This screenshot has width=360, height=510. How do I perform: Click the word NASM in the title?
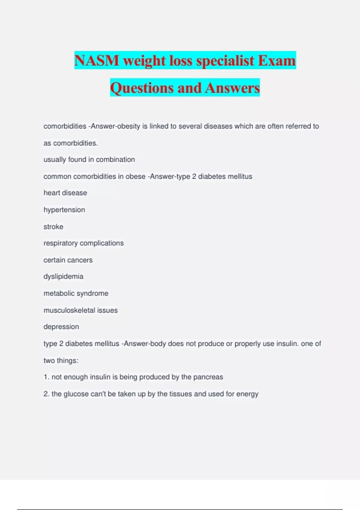coord(97,61)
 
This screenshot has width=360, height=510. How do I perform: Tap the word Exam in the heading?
coord(277,61)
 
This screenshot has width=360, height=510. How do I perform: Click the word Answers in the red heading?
coord(232,88)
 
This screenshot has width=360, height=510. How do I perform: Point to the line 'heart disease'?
coord(65,193)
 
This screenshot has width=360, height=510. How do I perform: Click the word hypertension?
coord(64,210)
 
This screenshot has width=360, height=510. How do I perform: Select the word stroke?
coord(53,226)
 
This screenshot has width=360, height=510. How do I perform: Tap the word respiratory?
coord(60,243)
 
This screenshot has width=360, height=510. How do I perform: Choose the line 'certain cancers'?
coord(68,260)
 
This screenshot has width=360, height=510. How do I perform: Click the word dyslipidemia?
coord(63,276)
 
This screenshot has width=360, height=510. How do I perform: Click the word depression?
coord(61,326)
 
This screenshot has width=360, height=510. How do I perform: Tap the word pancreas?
coord(208,377)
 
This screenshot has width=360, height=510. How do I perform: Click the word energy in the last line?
coord(247,394)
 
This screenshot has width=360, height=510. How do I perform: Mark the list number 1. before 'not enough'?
coord(46,377)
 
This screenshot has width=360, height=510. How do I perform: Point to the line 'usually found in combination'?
coord(89,159)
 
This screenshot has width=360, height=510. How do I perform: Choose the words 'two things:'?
coord(61,360)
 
